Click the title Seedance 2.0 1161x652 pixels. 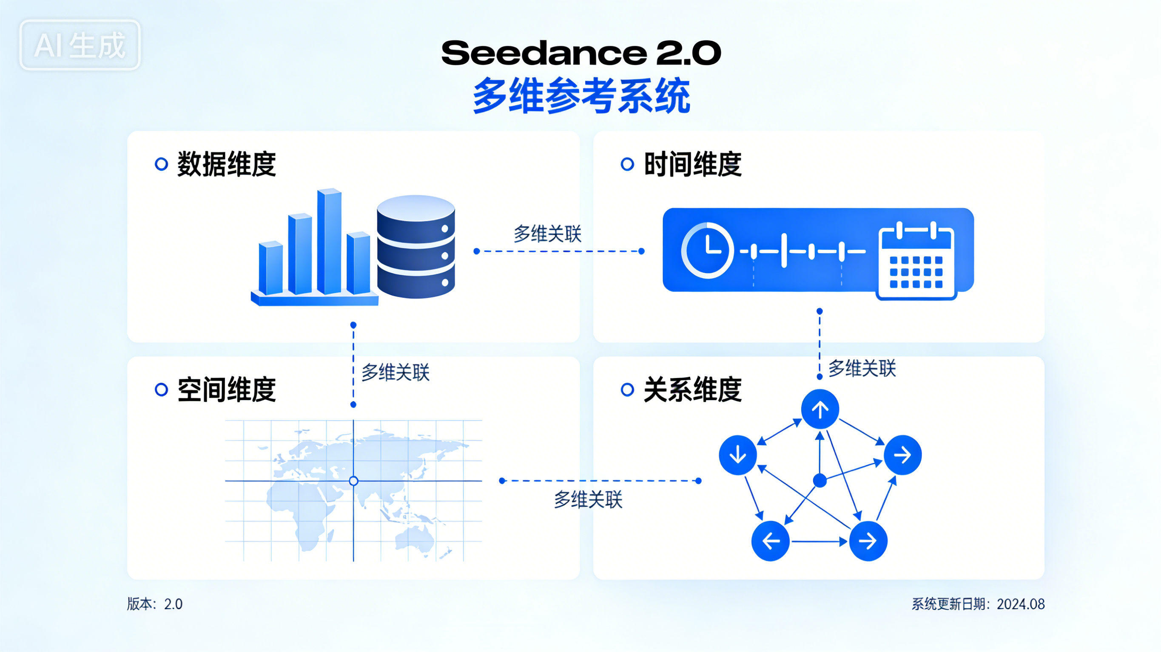pos(580,53)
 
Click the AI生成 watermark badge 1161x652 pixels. pos(80,45)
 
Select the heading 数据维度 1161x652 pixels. pos(226,164)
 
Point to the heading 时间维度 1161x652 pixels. pos(692,164)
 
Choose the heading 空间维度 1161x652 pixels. pos(226,390)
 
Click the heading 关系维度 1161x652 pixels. pos(692,390)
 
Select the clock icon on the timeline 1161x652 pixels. pos(707,250)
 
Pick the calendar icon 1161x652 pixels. pos(917,261)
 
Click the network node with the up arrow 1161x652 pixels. pos(820,409)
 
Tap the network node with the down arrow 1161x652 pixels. pos(737,455)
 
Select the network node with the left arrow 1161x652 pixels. pos(770,541)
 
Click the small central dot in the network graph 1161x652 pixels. pos(820,481)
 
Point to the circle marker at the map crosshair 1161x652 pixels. pos(353,481)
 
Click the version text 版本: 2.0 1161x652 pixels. pos(155,604)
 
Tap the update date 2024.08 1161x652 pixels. pos(1020,604)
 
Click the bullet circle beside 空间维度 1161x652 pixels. pos(161,390)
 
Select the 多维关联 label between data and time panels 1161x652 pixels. pos(547,234)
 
